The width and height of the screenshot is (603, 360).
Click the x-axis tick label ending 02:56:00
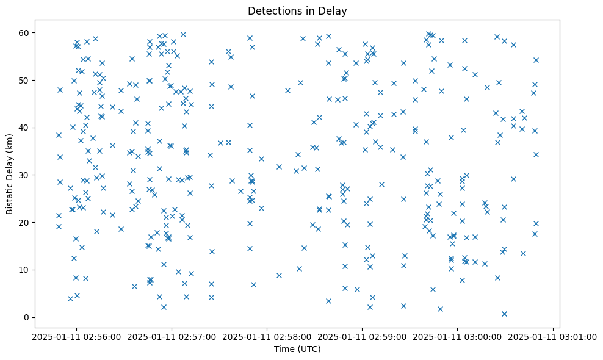pyautogui.click(x=76, y=336)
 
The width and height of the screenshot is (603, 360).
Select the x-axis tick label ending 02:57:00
pyautogui.click(x=172, y=336)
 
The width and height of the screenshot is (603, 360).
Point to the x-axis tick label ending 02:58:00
pyautogui.click(x=267, y=336)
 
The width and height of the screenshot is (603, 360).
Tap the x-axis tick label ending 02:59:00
pyautogui.click(x=362, y=336)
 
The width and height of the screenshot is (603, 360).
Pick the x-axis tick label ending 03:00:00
pyautogui.click(x=457, y=336)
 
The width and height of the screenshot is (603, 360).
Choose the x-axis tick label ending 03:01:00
pyautogui.click(x=552, y=336)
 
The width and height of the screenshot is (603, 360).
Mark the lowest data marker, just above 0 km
pyautogui.click(x=504, y=314)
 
